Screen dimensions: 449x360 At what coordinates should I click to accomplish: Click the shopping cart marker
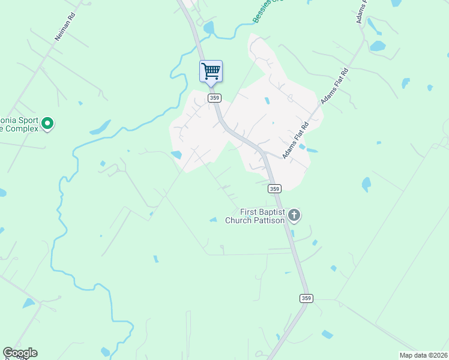click(211, 71)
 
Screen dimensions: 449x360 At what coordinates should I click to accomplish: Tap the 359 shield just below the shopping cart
click(214, 98)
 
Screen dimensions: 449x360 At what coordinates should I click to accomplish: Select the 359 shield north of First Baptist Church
click(274, 188)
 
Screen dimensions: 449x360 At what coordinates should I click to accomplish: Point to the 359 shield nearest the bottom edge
click(306, 298)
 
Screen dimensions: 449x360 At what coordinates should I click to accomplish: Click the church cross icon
click(294, 215)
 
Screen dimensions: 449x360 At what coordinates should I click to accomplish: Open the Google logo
click(20, 353)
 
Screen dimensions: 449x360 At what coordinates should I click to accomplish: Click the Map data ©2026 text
click(423, 355)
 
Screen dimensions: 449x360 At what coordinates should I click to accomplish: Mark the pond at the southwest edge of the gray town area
click(176, 155)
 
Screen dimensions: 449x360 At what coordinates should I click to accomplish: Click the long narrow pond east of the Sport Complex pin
click(100, 128)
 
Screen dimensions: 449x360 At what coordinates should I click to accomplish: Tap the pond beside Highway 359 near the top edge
click(209, 28)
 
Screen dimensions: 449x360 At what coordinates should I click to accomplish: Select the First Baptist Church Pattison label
click(262, 216)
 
